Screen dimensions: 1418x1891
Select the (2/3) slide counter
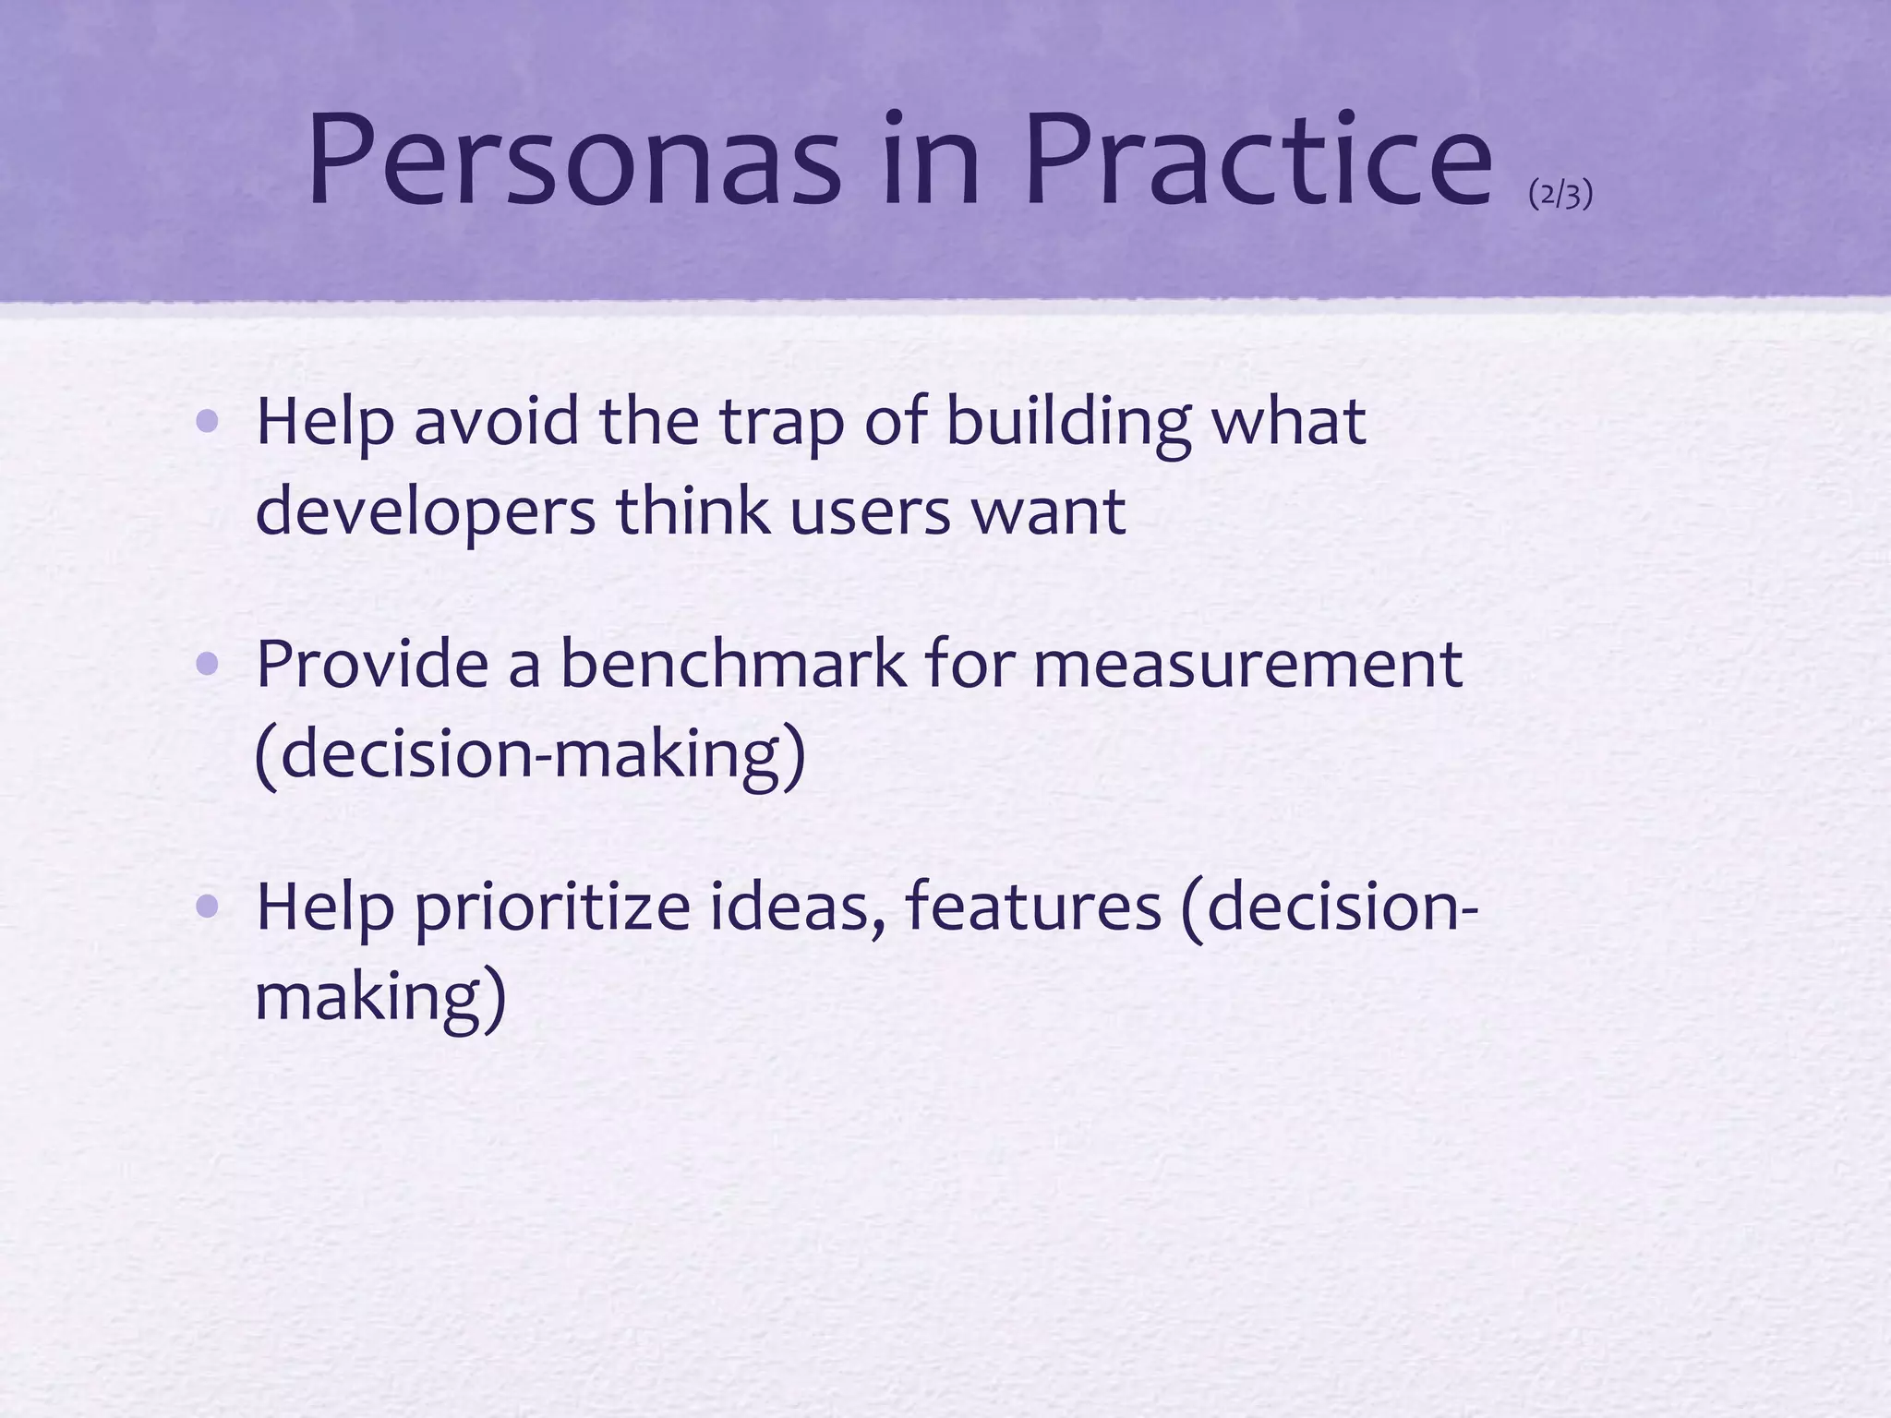[1560, 195]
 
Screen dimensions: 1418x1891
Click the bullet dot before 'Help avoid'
[208, 423]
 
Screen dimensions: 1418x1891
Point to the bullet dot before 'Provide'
[208, 664]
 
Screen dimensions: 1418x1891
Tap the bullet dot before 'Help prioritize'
[208, 907]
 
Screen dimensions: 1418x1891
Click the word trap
[781, 423]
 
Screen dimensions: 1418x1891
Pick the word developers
[426, 513]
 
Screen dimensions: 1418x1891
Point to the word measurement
[1247, 664]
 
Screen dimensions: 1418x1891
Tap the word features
[1033, 907]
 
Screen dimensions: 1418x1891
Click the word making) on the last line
[380, 998]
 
